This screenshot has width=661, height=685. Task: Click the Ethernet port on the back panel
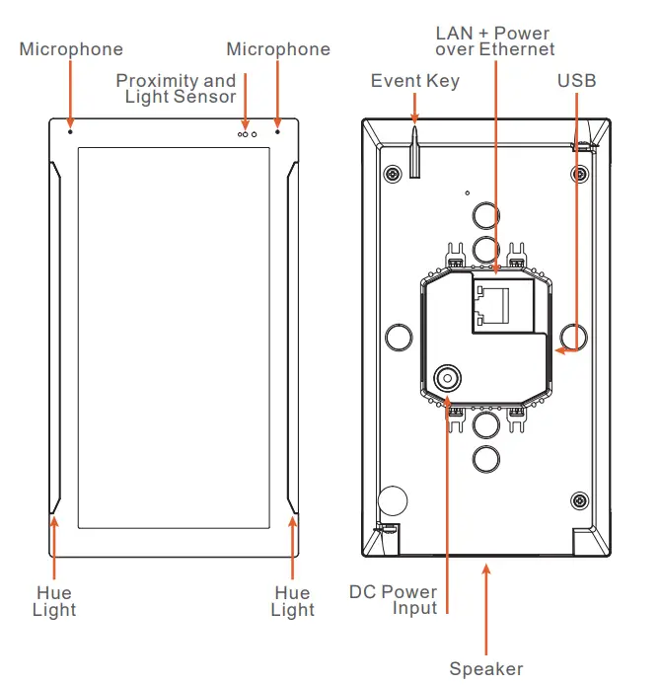pyautogui.click(x=501, y=307)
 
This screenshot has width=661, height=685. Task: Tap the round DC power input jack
pyautogui.click(x=449, y=377)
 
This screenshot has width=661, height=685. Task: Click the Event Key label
pyautogui.click(x=414, y=81)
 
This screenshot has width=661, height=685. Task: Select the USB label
pyautogui.click(x=576, y=81)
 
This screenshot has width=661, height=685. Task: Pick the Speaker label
pyautogui.click(x=486, y=669)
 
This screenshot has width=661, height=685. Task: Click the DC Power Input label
pyautogui.click(x=394, y=600)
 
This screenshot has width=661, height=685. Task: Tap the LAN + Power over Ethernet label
pyautogui.click(x=494, y=41)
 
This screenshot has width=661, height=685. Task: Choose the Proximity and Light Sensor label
pyautogui.click(x=177, y=88)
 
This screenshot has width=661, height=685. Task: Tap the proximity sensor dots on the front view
pyautogui.click(x=247, y=132)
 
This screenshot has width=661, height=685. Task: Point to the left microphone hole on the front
pyautogui.click(x=70, y=129)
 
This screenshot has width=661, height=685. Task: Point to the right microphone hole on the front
pyautogui.click(x=278, y=129)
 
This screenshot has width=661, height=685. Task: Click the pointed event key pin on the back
pyautogui.click(x=414, y=148)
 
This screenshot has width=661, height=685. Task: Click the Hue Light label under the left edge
pyautogui.click(x=53, y=601)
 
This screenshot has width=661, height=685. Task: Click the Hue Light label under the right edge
pyautogui.click(x=292, y=601)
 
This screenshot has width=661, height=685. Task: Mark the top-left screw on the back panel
pyautogui.click(x=393, y=174)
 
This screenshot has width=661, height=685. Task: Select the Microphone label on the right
pyautogui.click(x=278, y=49)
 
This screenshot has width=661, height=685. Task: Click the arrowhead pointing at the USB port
pyautogui.click(x=558, y=348)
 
